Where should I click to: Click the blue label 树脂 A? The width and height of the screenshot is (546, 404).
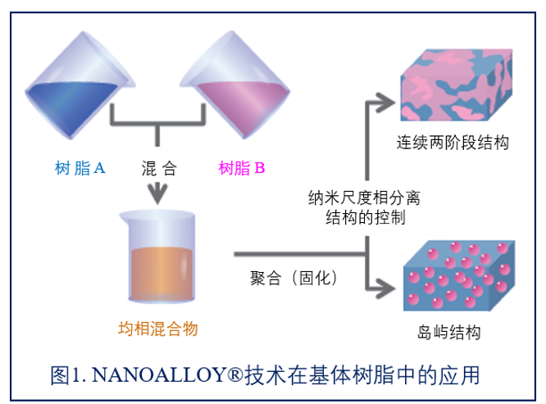point(80,168)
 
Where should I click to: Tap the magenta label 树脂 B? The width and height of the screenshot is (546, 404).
point(242,168)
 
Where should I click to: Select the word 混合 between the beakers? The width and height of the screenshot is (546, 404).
point(159,169)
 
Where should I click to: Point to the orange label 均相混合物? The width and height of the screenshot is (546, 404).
point(158,329)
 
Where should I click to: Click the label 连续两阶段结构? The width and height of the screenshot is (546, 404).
point(453,143)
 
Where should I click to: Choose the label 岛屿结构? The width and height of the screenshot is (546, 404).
point(449,332)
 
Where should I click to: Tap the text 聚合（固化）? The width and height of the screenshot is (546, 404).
point(293,278)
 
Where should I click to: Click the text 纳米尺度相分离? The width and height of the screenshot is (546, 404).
point(364,198)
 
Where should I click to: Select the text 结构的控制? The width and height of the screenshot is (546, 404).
point(366,218)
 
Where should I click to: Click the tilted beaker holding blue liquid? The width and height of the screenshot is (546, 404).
point(80,85)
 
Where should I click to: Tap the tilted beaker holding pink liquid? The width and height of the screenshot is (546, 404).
point(235,84)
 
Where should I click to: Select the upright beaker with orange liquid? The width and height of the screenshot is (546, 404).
point(157,256)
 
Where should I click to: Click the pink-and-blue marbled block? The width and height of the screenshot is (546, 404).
point(457,85)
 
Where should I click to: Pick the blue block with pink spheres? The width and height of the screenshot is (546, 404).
point(459,275)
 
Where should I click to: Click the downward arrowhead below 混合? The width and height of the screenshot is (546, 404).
point(157,194)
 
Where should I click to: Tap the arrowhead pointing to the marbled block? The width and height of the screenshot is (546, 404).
point(386,102)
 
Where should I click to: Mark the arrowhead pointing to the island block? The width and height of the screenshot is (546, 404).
point(386,288)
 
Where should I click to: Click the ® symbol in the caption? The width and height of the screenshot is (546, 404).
point(235,374)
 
